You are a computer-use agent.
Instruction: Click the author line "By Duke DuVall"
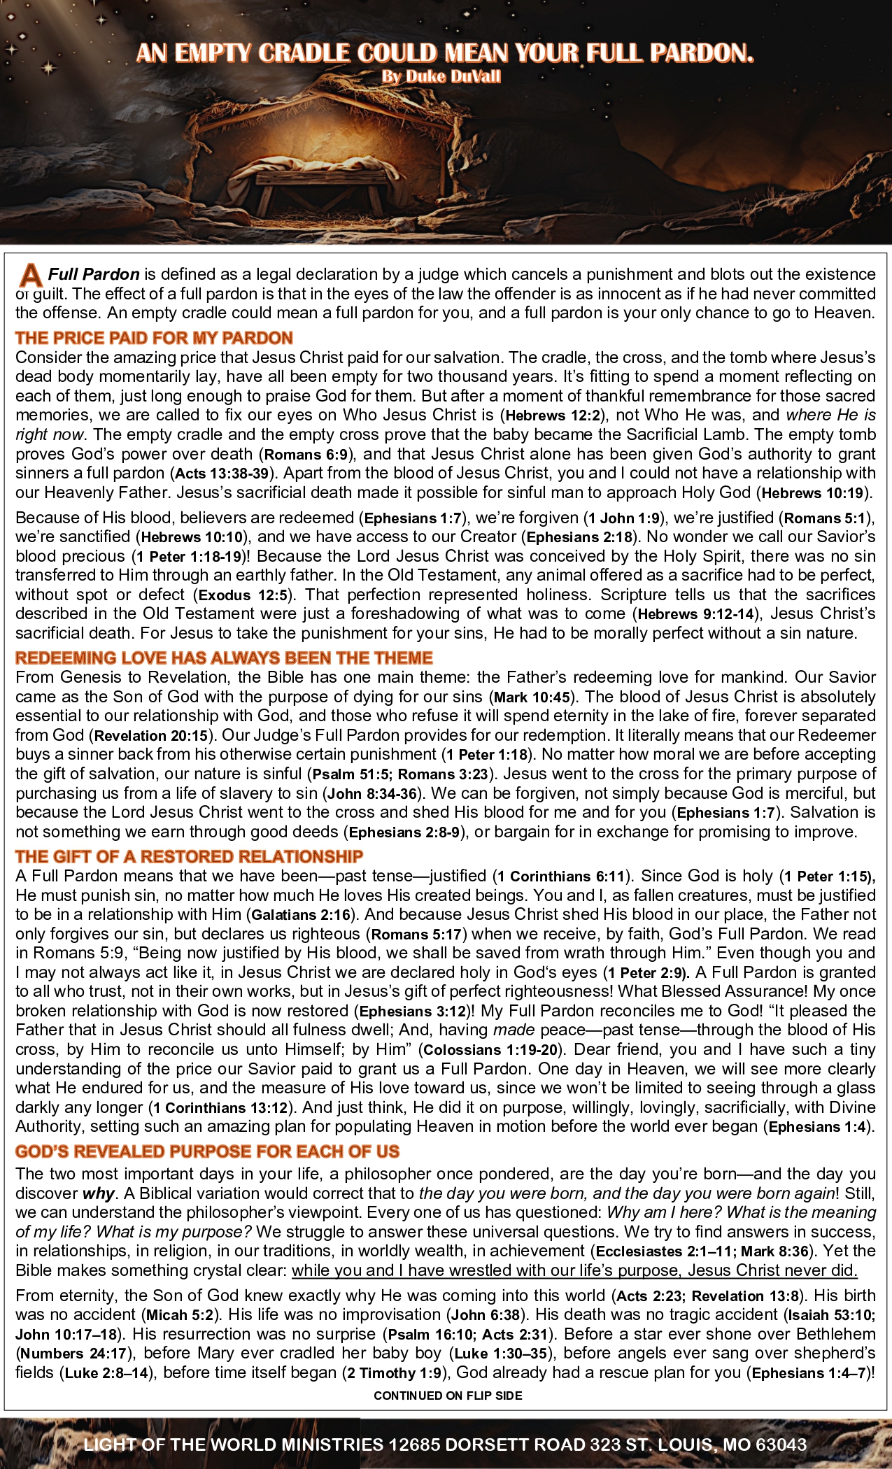441,77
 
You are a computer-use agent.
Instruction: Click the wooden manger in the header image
317,189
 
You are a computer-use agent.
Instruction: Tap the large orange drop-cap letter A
30,275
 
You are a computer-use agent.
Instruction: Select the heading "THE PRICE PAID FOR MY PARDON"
154,339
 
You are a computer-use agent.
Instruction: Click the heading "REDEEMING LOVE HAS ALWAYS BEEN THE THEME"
224,658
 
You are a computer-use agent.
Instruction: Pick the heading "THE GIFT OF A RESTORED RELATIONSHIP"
189,857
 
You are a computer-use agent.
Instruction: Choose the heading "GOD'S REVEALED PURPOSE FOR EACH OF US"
207,1151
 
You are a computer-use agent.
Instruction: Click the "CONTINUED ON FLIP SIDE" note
448,1396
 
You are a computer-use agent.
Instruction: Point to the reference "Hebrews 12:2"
553,416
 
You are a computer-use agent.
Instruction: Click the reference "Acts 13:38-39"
222,474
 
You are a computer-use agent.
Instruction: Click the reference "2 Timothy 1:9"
397,1373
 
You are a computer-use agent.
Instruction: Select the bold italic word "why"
98,1193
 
